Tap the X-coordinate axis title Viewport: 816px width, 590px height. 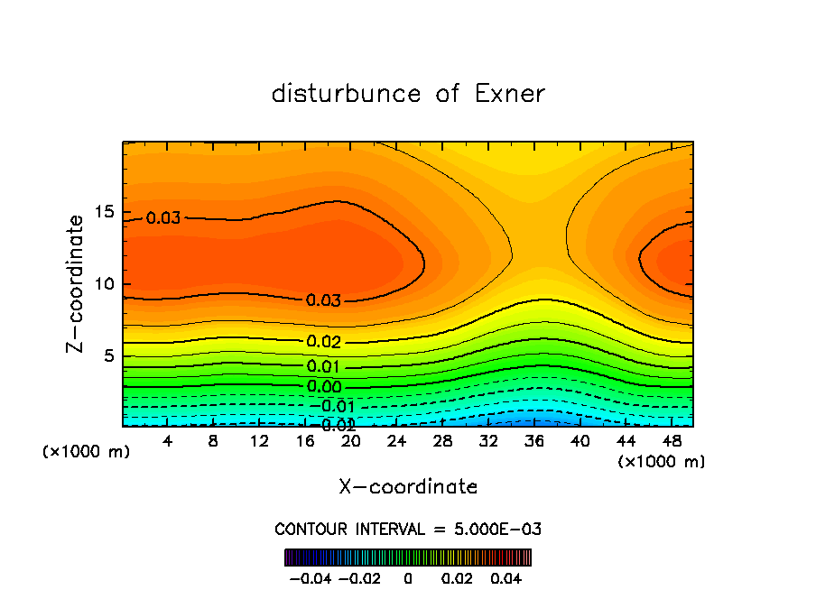point(408,487)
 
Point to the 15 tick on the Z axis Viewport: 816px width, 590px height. point(106,213)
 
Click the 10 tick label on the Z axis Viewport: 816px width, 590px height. point(106,284)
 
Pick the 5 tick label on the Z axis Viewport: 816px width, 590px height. point(110,355)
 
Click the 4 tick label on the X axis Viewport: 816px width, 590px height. point(168,441)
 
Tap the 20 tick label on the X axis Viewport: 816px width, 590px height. point(351,441)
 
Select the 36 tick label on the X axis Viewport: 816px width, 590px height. point(534,441)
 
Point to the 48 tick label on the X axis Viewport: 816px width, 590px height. point(672,441)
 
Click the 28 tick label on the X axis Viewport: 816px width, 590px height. point(442,441)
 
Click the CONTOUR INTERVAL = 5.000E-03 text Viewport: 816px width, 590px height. point(408,529)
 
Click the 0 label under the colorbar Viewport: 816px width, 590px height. point(408,576)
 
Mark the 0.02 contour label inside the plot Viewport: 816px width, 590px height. point(323,342)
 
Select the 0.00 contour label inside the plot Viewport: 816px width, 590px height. point(323,387)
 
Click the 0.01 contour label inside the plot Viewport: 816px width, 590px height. point(323,366)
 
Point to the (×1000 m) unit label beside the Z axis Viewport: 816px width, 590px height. point(87,452)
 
